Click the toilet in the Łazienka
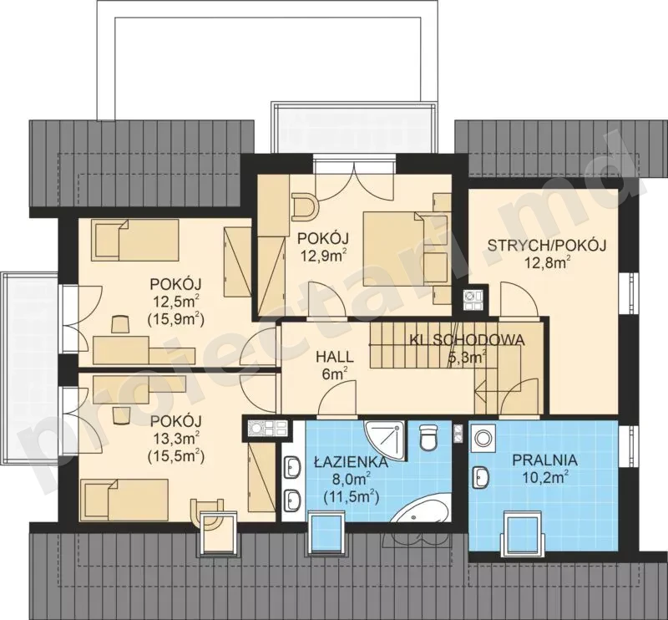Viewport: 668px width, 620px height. click(x=428, y=437)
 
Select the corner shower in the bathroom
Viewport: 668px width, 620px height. click(x=384, y=440)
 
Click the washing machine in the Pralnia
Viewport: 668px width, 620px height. click(x=483, y=438)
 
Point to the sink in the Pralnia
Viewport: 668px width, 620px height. click(x=481, y=478)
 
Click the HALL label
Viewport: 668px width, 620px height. click(x=335, y=357)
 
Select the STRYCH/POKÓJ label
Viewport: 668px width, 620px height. click(x=547, y=246)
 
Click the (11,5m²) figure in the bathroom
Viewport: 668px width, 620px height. click(x=351, y=495)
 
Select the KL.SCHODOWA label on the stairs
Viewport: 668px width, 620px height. click(x=467, y=340)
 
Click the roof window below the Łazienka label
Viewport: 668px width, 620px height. click(x=325, y=533)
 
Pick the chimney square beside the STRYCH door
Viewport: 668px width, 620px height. click(x=473, y=299)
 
